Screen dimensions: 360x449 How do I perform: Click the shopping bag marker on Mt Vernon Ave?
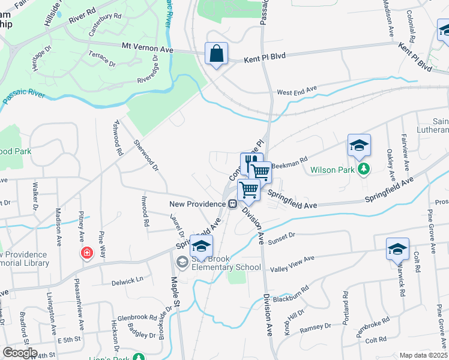pyautogui.click(x=216, y=53)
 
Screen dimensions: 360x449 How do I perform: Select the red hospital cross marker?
pyautogui.click(x=88, y=253)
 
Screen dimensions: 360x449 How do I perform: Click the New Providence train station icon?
pyautogui.click(x=231, y=204)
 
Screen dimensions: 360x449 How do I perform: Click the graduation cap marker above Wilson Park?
pyautogui.click(x=359, y=145)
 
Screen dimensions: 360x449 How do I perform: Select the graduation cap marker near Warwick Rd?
pyautogui.click(x=397, y=248)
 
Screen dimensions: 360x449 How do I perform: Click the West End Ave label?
pyautogui.click(x=296, y=92)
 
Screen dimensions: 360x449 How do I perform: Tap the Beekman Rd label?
pyautogui.click(x=289, y=161)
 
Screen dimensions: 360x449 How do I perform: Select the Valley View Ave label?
pyautogui.click(x=292, y=263)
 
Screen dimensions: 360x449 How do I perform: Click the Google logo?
pyautogui.click(x=20, y=353)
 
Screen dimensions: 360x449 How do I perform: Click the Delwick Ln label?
pyautogui.click(x=127, y=279)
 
